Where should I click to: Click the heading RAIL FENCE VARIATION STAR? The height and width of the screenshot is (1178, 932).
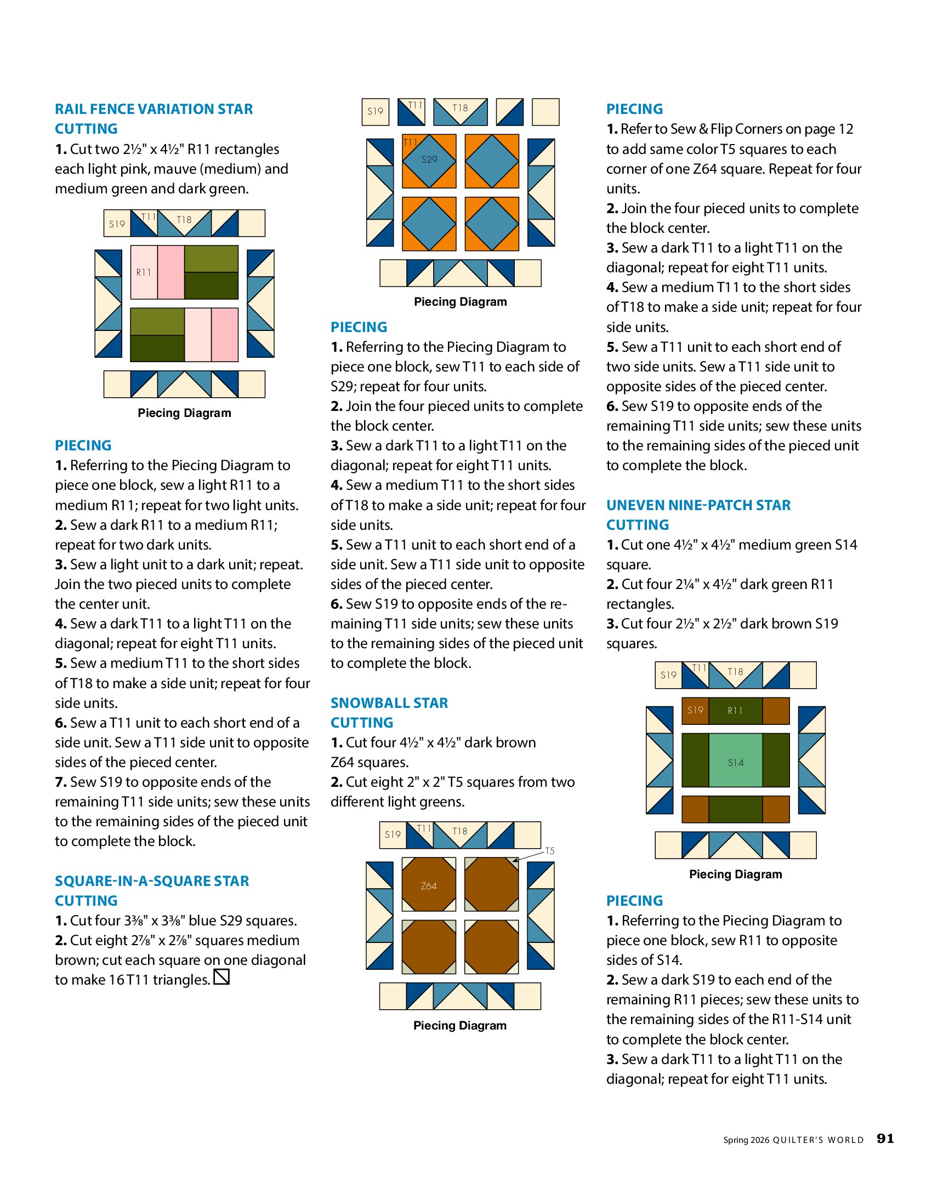point(154,109)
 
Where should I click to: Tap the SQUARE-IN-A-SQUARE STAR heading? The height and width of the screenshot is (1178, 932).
point(152,881)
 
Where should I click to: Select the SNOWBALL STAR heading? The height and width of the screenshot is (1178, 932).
point(389,703)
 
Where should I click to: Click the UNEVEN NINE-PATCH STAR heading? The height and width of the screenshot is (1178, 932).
point(698,505)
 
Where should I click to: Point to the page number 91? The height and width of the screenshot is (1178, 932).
point(885,1139)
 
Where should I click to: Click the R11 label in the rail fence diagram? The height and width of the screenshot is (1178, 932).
point(144,272)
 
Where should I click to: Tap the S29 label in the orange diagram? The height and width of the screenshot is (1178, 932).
point(429,159)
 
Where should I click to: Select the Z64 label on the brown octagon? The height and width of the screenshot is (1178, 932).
point(429,886)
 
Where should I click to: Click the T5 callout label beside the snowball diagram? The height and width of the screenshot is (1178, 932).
point(549,851)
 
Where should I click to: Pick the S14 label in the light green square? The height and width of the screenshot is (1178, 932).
point(736,763)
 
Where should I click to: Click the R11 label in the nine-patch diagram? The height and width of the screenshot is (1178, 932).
point(735,711)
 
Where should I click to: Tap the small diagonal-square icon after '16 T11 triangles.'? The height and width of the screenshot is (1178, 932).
point(221,977)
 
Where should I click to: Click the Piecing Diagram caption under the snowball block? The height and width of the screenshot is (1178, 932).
point(460,1026)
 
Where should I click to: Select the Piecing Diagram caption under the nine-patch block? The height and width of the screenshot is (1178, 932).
point(736,874)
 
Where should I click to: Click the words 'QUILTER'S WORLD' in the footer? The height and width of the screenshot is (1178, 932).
point(818,1140)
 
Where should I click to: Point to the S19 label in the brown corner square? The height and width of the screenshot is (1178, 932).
point(695,710)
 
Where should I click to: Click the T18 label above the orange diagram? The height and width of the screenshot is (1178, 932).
point(460,108)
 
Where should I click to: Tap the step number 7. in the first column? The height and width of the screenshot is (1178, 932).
point(60,782)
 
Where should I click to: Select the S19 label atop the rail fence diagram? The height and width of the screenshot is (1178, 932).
point(117,224)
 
